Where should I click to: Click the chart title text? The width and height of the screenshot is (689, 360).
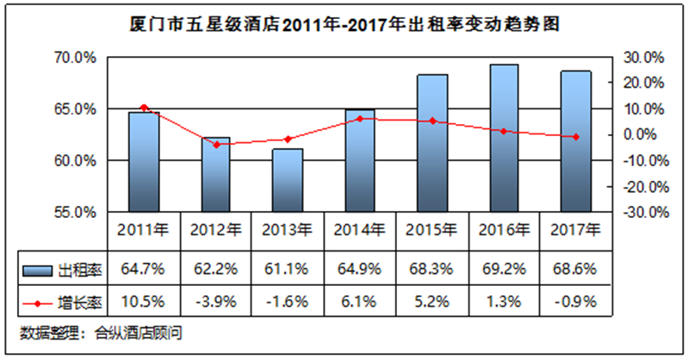(x=344, y=24)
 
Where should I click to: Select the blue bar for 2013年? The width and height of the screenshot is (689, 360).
(x=288, y=180)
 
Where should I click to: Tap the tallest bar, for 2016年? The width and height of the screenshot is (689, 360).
(x=504, y=138)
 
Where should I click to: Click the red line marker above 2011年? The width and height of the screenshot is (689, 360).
(x=144, y=108)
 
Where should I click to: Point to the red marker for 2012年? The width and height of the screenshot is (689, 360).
(x=216, y=145)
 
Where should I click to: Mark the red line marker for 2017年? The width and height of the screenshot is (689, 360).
(x=576, y=137)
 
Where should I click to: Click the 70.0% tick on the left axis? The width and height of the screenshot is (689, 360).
(x=75, y=58)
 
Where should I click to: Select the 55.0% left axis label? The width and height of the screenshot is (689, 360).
(x=75, y=213)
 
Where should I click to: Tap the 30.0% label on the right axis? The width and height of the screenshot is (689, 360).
(x=643, y=58)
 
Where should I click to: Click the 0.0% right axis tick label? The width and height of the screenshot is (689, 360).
(x=640, y=134)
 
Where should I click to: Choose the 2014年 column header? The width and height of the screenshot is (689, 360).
(x=359, y=230)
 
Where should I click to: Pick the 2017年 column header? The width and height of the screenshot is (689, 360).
(x=575, y=230)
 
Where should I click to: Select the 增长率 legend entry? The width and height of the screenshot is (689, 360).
(x=62, y=303)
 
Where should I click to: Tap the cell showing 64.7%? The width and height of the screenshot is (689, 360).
(x=143, y=269)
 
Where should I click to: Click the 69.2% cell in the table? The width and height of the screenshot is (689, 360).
(x=504, y=269)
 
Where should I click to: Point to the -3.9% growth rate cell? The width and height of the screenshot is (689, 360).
(x=215, y=301)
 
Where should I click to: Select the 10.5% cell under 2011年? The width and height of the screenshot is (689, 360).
(x=143, y=301)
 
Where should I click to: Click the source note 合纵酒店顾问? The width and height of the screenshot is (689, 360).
(x=139, y=333)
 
